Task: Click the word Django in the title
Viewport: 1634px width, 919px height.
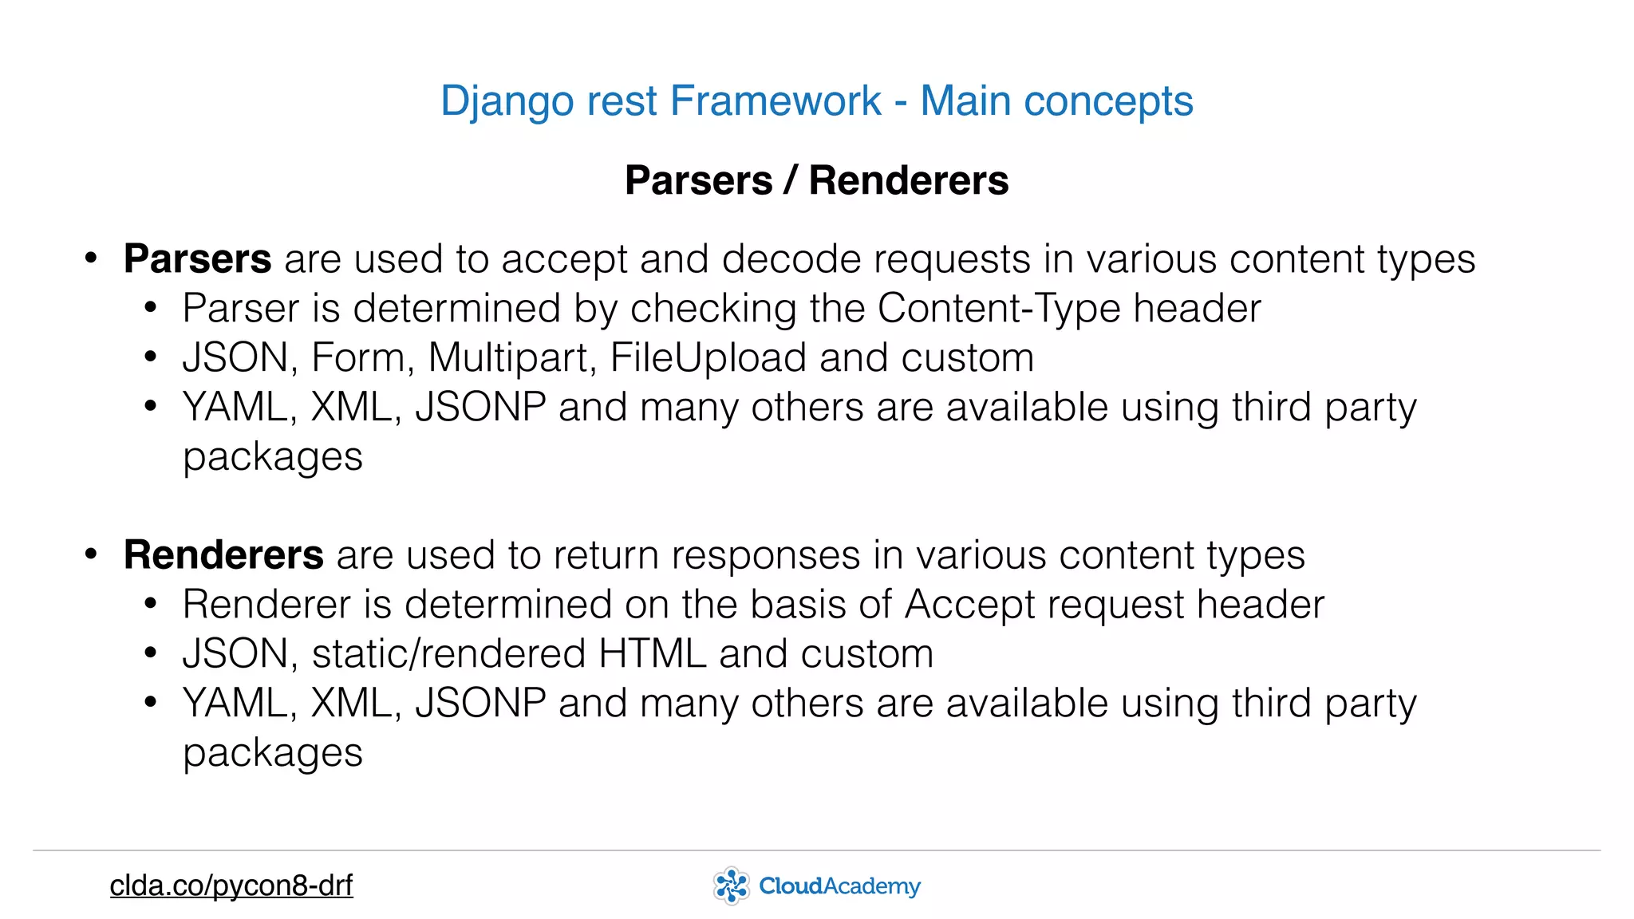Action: pos(507,102)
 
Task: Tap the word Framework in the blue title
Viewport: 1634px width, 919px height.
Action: pos(776,101)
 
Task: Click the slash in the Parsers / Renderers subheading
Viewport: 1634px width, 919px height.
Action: pos(790,180)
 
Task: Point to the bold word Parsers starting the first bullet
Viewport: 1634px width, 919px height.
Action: pos(197,259)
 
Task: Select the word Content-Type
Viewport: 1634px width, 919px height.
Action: pos(999,309)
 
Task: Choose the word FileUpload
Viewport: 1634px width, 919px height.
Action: pos(708,357)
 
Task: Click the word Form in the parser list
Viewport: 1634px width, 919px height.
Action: pos(357,357)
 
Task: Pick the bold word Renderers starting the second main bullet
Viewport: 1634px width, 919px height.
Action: pos(223,555)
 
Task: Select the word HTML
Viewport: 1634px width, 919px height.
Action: pos(652,654)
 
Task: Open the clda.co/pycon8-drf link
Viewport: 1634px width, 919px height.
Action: pos(231,885)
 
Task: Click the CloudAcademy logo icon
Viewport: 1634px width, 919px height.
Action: pos(731,885)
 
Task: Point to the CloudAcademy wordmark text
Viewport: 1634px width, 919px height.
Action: pos(839,886)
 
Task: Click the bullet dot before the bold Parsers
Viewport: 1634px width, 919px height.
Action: pos(91,259)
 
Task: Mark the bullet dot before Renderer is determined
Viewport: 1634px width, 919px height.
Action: pos(151,605)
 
